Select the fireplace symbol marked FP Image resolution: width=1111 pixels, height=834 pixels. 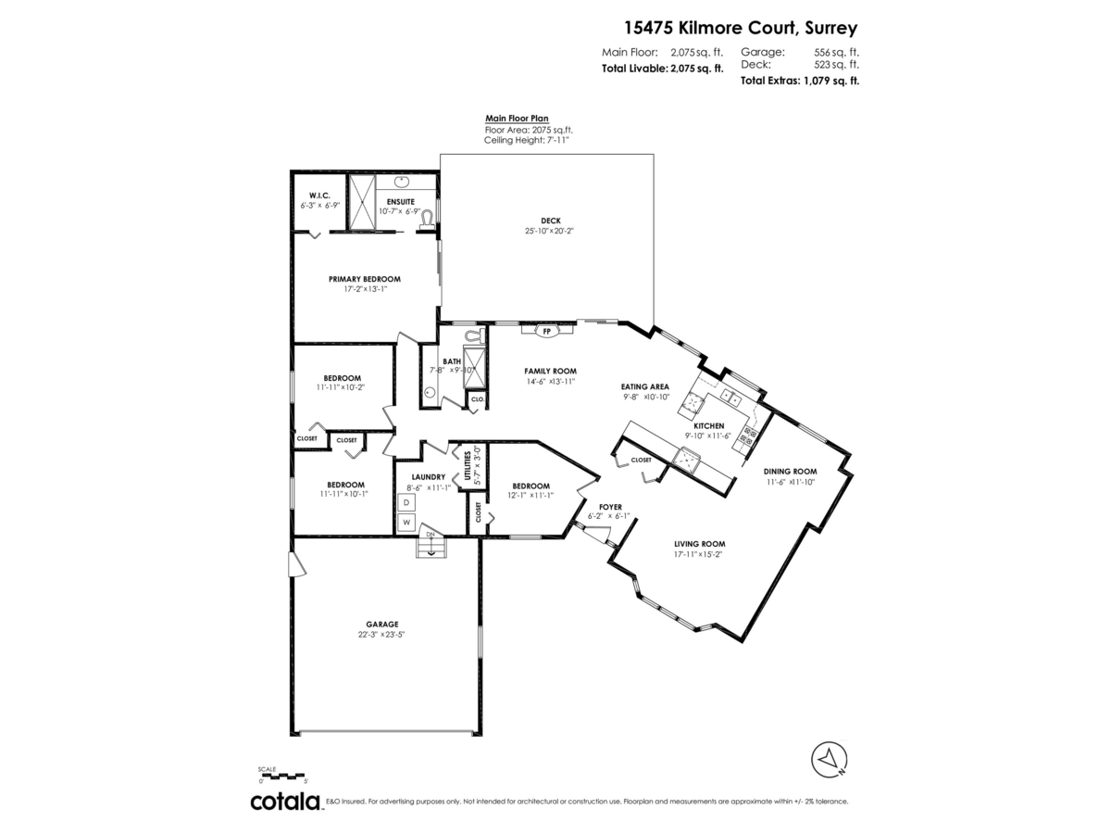(545, 330)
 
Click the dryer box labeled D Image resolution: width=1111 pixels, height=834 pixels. (406, 502)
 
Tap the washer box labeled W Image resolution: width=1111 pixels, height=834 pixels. (406, 523)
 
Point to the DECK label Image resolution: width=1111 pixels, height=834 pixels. (550, 221)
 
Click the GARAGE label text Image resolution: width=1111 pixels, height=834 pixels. (382, 625)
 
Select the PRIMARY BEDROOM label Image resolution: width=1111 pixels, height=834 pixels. (365, 279)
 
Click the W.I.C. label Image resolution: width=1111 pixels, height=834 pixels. (319, 195)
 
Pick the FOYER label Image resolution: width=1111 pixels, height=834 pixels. (609, 507)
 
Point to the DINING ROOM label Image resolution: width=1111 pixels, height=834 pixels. (790, 471)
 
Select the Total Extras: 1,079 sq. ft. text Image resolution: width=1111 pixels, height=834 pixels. (799, 81)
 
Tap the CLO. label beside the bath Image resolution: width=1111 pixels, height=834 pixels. (478, 399)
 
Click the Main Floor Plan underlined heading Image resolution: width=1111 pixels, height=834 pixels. (517, 119)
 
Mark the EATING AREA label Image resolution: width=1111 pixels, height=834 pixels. (645, 386)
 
